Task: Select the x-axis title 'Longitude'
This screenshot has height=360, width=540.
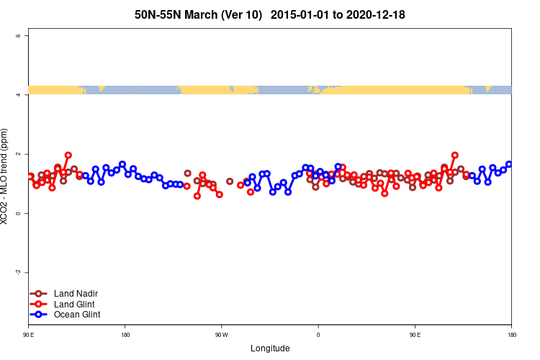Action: tap(270, 348)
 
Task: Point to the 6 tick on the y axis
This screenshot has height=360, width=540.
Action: tap(27, 36)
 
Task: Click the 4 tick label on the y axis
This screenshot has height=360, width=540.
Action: tap(27, 95)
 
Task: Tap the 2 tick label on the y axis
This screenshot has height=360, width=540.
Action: tap(27, 154)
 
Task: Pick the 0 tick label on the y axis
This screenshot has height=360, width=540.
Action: tap(27, 213)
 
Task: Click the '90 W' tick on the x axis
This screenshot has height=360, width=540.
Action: tap(221, 335)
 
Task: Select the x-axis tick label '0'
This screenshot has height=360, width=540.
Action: tap(318, 335)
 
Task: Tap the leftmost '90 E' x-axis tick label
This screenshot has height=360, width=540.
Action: tap(29, 335)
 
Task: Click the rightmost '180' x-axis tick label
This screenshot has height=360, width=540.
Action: tap(511, 335)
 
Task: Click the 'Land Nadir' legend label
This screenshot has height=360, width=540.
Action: tap(76, 294)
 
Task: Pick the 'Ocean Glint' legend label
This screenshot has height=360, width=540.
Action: tap(77, 315)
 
